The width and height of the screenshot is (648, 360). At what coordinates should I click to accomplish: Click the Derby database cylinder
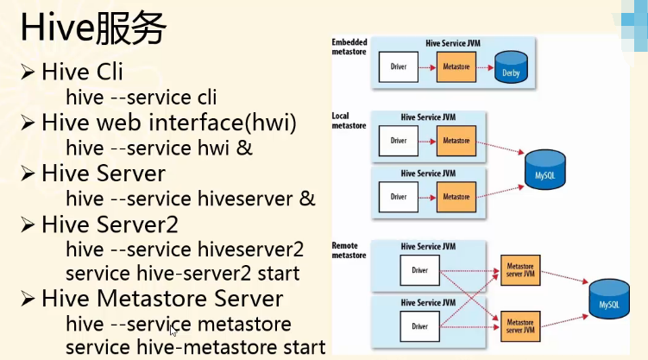tap(513, 68)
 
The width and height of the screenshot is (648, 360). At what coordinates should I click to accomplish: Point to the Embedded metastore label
tap(349, 47)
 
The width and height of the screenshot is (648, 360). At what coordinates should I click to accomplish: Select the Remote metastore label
tap(349, 250)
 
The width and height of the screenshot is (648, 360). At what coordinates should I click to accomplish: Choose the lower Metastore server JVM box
tap(520, 325)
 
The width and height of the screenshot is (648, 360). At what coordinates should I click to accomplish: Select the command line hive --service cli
tap(141, 98)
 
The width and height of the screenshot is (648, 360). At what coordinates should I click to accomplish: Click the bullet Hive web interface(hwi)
tap(168, 123)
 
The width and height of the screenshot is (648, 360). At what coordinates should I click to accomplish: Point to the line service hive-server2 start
tap(182, 274)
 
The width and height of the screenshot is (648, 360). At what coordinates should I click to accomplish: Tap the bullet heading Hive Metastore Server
tap(161, 299)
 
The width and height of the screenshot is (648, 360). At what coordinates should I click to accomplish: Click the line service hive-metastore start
tap(195, 347)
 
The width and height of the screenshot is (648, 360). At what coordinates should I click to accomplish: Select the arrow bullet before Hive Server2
tap(28, 224)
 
